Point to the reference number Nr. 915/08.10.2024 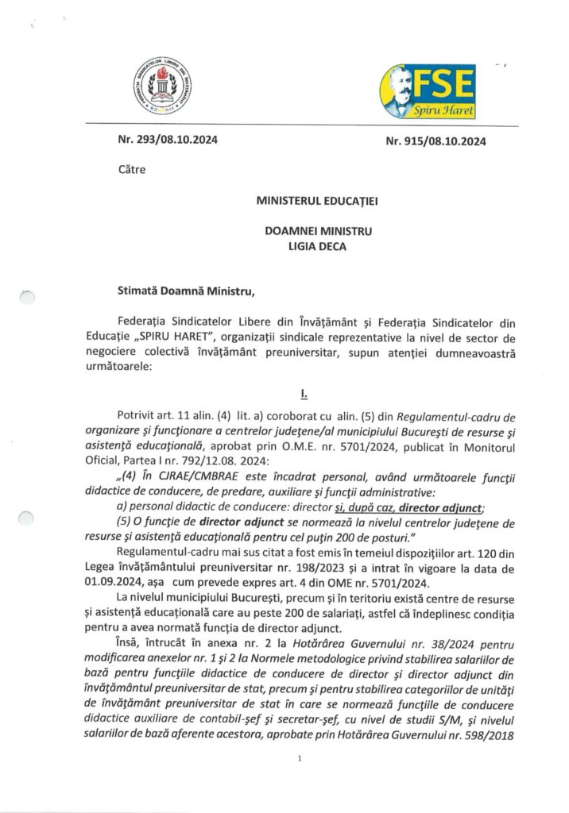tap(436, 142)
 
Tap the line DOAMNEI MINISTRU tap(318, 232)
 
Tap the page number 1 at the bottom tap(299, 759)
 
